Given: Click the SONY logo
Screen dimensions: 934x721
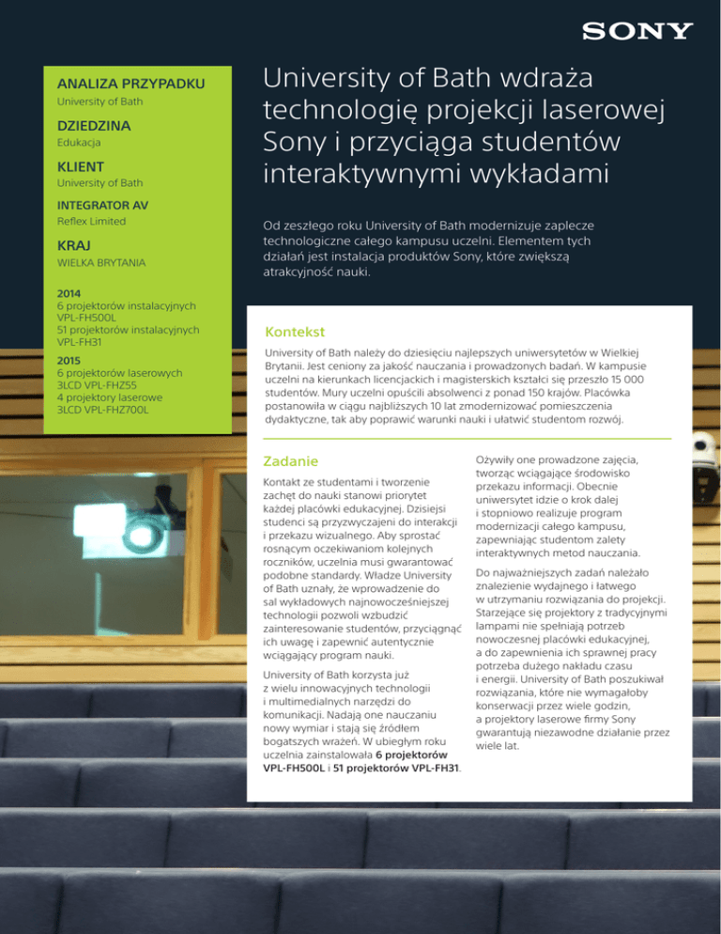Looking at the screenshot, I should point(637,31).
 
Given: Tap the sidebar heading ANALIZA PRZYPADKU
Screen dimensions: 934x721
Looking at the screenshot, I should point(131,85).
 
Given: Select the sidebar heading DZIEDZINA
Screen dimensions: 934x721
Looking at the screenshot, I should point(94,125).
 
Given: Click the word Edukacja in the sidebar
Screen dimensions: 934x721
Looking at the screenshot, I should point(79,143).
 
